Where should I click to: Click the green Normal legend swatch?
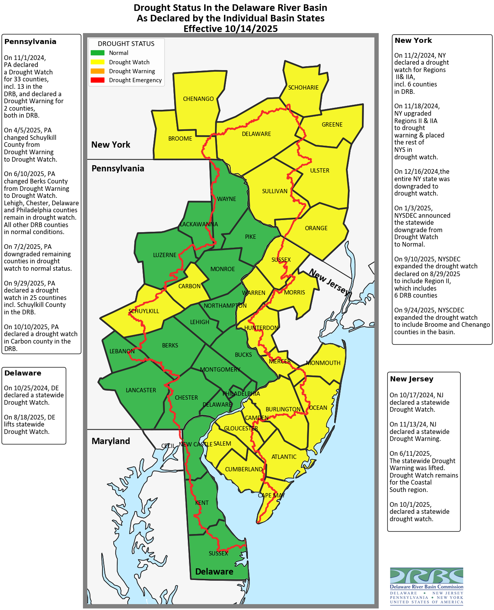pyautogui.click(x=97, y=53)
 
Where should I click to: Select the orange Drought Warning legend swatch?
pyautogui.click(x=97, y=71)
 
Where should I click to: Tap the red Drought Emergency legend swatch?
pyautogui.click(x=97, y=80)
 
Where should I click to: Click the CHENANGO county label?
pyautogui.click(x=198, y=99)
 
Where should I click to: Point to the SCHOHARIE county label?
pyautogui.click(x=303, y=88)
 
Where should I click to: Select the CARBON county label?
pyautogui.click(x=189, y=286)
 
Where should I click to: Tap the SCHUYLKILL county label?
pyautogui.click(x=144, y=311)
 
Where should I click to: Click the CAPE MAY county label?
pyautogui.click(x=271, y=495)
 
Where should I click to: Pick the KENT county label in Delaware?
pyautogui.click(x=202, y=503)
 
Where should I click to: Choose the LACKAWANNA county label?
pyautogui.click(x=199, y=224)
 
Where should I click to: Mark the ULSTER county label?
pyautogui.click(x=319, y=171)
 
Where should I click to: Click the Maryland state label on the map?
pyautogui.click(x=111, y=441)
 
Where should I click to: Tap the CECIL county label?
pyautogui.click(x=168, y=446)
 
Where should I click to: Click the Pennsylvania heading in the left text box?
pyautogui.click(x=30, y=42)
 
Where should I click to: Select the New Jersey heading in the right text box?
pyautogui.click(x=411, y=379)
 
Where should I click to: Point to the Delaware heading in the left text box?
pyautogui.click(x=23, y=373)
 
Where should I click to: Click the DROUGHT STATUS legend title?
pyautogui.click(x=126, y=44)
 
